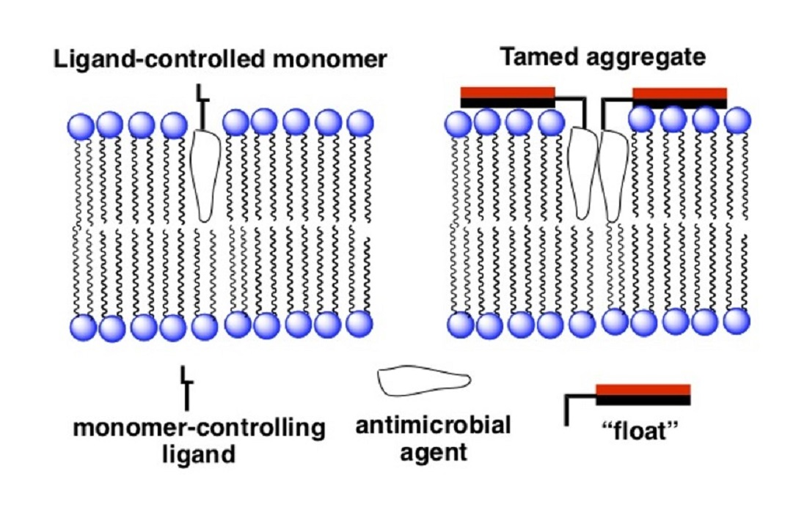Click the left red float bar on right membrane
508,92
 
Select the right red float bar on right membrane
679,93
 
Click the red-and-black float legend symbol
641,394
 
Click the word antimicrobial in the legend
433,425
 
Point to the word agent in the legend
434,451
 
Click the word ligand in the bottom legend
198,454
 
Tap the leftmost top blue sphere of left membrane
81,126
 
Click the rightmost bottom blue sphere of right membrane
737,321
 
